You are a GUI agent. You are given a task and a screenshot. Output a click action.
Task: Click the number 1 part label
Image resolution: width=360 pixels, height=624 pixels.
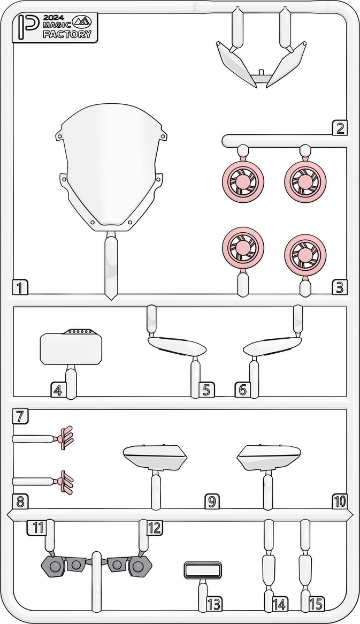click(20, 287)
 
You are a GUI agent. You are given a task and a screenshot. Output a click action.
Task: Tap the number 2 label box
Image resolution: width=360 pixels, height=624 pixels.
click(339, 128)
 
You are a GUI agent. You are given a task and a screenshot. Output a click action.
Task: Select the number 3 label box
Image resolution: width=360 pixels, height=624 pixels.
click(339, 287)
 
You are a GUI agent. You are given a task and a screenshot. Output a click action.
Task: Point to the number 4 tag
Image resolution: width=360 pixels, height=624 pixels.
click(58, 390)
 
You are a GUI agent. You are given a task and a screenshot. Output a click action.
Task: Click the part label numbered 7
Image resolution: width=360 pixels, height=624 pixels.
click(20, 416)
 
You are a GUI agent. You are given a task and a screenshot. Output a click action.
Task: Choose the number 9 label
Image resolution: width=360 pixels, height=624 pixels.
click(212, 501)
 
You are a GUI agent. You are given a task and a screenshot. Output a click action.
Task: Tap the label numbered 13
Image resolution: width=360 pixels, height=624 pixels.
click(213, 604)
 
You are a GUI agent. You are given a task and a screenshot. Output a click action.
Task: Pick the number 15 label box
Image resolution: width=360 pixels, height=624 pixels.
click(316, 604)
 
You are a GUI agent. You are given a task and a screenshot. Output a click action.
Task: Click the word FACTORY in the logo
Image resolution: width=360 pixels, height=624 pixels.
click(67, 34)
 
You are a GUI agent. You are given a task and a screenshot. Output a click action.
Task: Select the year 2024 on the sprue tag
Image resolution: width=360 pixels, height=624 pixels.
click(51, 18)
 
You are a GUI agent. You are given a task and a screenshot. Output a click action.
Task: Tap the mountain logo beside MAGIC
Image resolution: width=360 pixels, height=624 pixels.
click(81, 22)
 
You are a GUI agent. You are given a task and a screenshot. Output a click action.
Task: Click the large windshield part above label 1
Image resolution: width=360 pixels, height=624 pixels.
click(111, 167)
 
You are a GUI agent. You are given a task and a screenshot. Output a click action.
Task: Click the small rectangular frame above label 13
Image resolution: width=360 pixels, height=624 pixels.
click(203, 570)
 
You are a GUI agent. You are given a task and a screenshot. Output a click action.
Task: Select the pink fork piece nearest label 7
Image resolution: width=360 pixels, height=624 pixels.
click(66, 438)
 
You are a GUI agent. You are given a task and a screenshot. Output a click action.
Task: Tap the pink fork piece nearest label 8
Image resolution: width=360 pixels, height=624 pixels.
click(66, 482)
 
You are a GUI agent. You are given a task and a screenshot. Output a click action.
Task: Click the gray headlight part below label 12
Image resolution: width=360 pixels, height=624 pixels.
click(129, 566)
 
